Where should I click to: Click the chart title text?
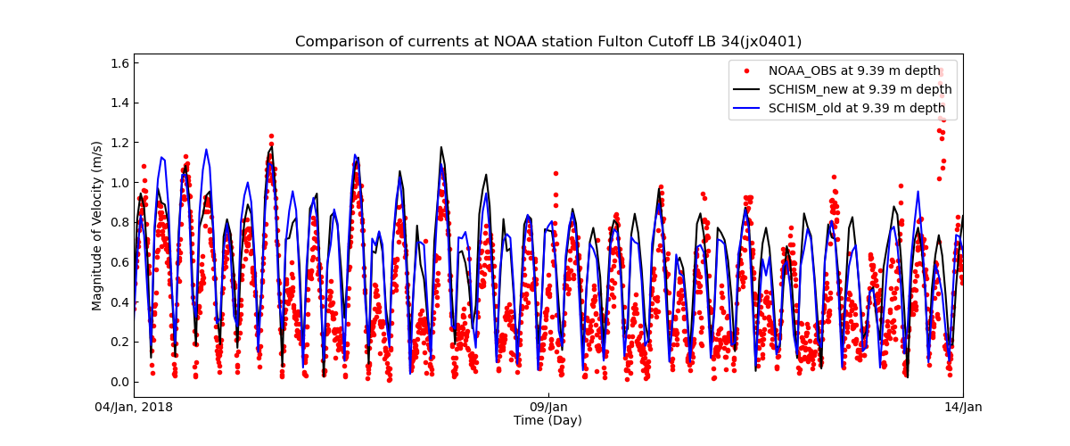tap(547, 42)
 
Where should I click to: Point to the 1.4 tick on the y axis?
tap(119, 103)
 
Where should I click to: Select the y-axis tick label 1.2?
tap(119, 143)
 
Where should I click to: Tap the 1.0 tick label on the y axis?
tap(119, 183)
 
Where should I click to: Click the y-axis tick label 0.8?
tap(119, 222)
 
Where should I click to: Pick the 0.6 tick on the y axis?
tap(119, 262)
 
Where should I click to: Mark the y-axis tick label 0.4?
tap(119, 302)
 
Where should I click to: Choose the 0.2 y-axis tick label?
tap(119, 342)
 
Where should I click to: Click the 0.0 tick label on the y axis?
tap(119, 382)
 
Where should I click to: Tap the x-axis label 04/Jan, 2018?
tap(134, 408)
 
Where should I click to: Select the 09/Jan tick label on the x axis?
tap(548, 408)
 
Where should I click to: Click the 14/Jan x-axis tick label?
tap(962, 408)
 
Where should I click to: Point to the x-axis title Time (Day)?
tap(547, 421)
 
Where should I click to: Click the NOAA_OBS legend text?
tap(854, 70)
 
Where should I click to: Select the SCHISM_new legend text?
tap(860, 89)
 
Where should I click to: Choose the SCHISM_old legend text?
tap(856, 108)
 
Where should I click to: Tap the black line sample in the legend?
tap(747, 89)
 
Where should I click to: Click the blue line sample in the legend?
tap(747, 108)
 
